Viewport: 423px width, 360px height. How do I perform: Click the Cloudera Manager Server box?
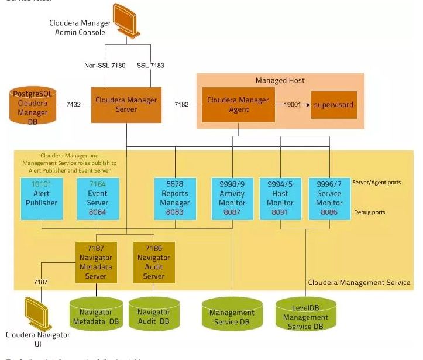(126, 104)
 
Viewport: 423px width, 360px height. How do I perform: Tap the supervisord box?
(333, 105)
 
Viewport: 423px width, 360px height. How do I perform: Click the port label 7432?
(74, 105)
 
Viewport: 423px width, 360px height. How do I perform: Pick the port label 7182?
(181, 105)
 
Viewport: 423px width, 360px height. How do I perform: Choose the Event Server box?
(97, 198)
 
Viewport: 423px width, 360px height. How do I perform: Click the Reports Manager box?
(174, 198)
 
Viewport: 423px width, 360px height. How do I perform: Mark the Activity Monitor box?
(232, 198)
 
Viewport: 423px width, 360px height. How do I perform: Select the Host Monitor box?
(280, 198)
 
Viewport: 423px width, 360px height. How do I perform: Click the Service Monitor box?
(329, 198)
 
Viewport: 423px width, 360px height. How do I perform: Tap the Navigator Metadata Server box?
(96, 262)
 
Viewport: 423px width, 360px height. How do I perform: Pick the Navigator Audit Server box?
(153, 262)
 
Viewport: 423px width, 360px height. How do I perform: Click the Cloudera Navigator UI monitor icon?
(36, 314)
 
